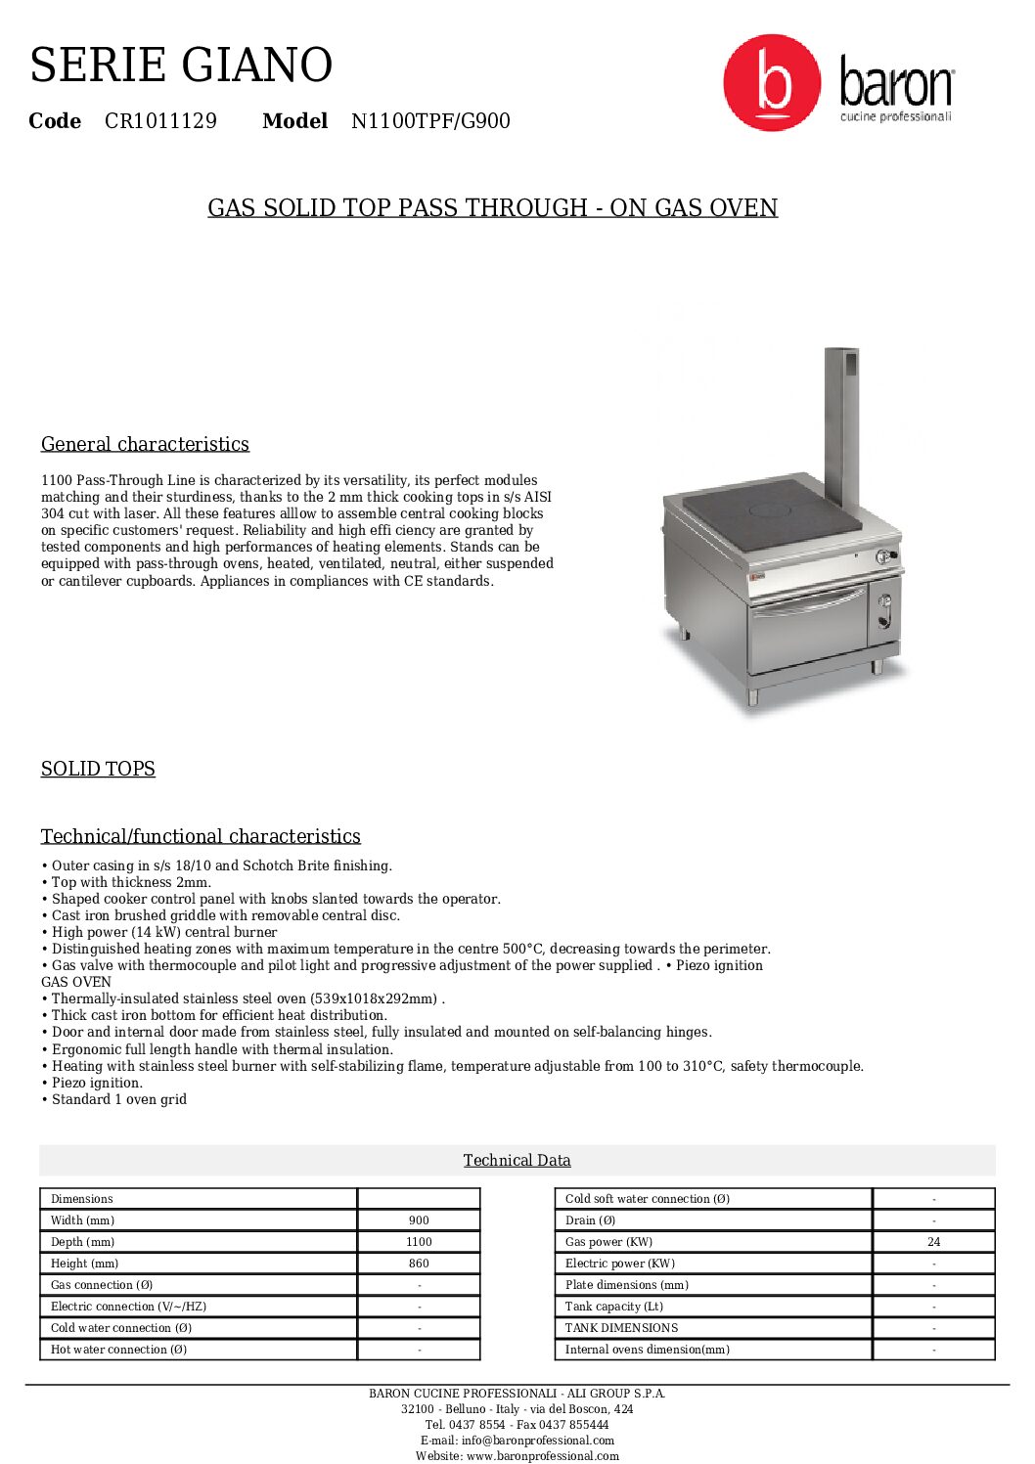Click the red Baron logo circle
tap(771, 83)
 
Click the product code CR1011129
tap(160, 121)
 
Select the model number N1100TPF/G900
tap(430, 121)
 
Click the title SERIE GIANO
tap(181, 66)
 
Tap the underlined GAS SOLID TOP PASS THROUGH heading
tap(492, 208)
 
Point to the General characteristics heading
tap(145, 444)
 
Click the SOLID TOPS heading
tap(98, 769)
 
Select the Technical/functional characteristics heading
tap(201, 836)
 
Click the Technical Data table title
tap(517, 1160)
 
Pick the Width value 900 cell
tap(419, 1220)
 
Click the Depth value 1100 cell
tap(419, 1242)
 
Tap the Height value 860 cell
tap(419, 1264)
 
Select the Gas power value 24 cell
tap(933, 1242)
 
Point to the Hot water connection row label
tap(118, 1350)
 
